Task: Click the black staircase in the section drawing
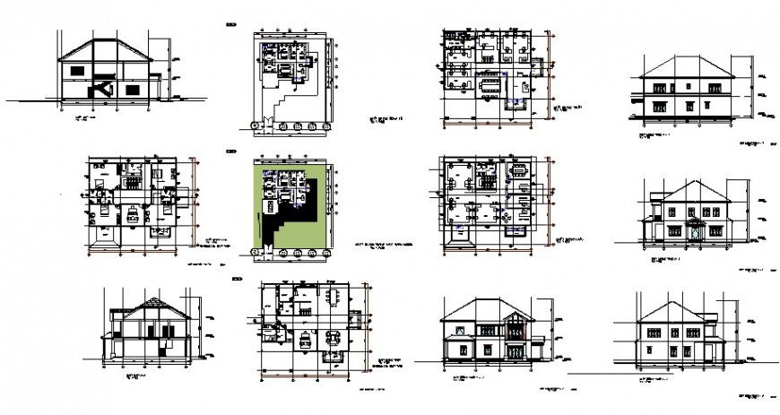tap(101, 87)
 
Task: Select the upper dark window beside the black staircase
tap(78, 68)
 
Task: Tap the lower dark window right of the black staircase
tap(133, 90)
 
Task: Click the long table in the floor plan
tap(491, 86)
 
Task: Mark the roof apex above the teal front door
tap(692, 182)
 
